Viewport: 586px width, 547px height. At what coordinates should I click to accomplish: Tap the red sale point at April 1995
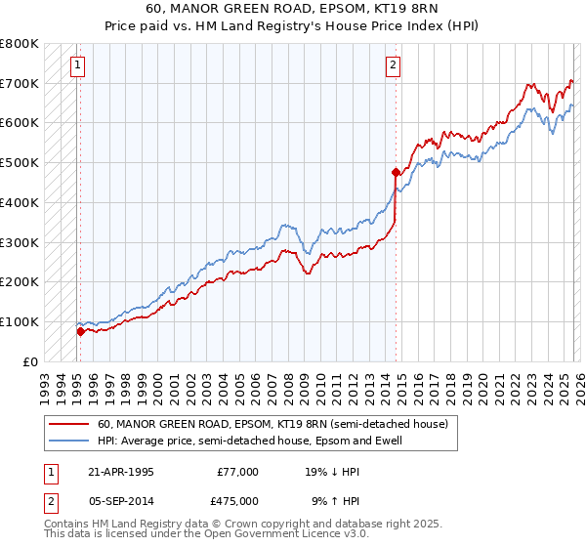point(80,331)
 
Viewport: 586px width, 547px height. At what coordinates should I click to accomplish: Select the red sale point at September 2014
point(396,172)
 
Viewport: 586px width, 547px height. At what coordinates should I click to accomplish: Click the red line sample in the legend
point(68,424)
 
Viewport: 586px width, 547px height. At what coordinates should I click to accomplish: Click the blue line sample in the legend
point(68,441)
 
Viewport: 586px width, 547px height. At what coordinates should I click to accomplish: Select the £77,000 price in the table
point(237,472)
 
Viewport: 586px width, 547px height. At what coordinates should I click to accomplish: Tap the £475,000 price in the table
point(237,501)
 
